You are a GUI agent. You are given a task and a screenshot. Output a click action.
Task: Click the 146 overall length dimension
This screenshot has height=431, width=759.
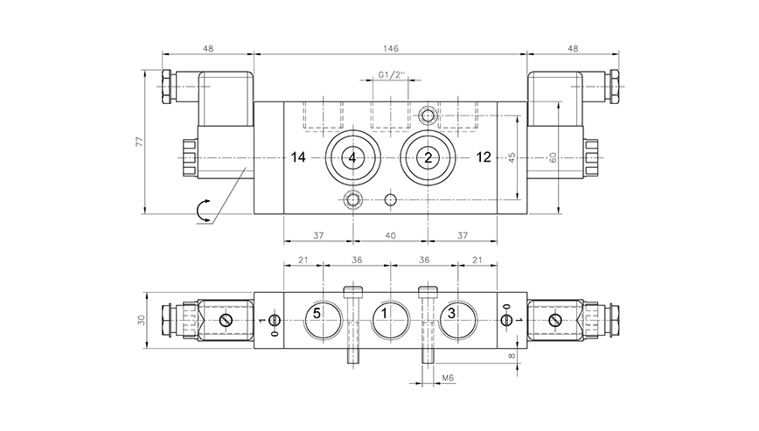click(x=389, y=49)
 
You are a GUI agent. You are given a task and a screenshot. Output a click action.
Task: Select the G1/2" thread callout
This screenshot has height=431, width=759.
click(x=389, y=76)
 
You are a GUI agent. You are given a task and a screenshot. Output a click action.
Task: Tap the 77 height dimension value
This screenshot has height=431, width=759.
click(x=140, y=143)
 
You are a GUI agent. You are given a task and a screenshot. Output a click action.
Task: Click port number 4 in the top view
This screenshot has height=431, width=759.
click(x=352, y=157)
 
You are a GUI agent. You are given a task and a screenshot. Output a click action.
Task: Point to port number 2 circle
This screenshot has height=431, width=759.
click(x=428, y=157)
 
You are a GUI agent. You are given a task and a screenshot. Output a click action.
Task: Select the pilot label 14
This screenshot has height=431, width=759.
click(x=299, y=157)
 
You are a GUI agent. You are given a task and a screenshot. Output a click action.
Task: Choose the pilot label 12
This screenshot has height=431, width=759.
click(x=483, y=157)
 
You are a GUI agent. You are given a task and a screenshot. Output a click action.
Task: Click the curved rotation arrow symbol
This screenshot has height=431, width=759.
click(x=203, y=210)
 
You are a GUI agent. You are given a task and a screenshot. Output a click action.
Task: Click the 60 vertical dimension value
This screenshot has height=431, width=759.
click(x=553, y=157)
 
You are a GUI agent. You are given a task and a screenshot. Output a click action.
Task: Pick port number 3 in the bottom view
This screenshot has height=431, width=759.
click(x=452, y=313)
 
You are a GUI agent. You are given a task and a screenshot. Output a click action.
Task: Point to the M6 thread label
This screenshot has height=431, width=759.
click(x=447, y=379)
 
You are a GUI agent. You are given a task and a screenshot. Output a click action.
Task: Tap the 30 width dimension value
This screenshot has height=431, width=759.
click(x=140, y=321)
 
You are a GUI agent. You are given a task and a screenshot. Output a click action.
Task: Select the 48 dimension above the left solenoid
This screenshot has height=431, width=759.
click(x=207, y=49)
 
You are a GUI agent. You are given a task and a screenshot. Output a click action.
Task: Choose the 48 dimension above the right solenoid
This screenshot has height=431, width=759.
click(x=573, y=49)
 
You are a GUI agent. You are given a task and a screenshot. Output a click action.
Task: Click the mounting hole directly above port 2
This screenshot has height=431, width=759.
click(x=428, y=115)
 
